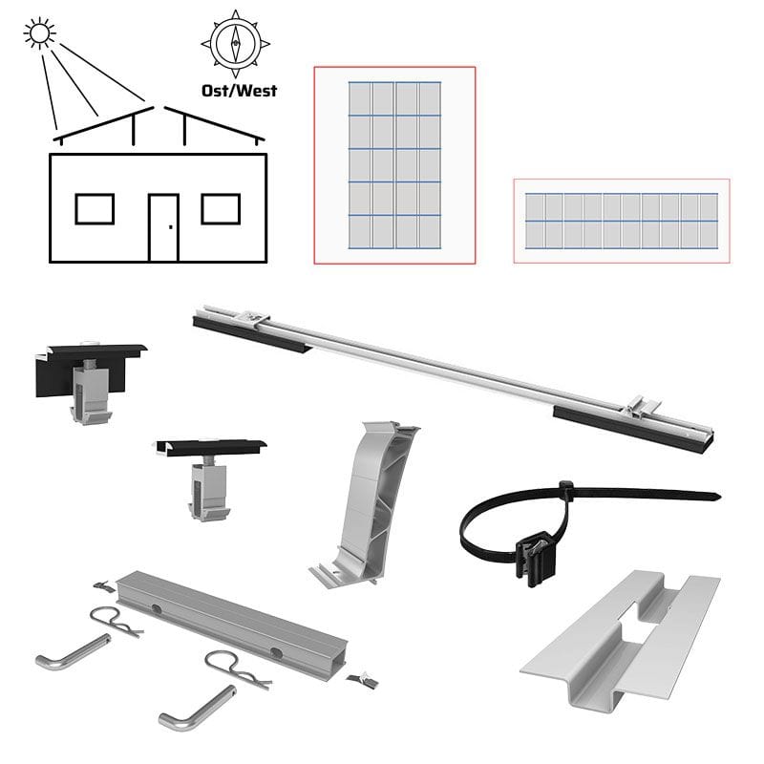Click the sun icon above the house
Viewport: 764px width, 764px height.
[39, 33]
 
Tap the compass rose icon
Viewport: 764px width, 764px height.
[235, 43]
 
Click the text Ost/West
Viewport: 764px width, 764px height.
[240, 91]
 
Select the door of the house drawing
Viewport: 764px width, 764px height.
[163, 227]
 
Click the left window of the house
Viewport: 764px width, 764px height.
[95, 209]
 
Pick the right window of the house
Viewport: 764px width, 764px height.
[221, 209]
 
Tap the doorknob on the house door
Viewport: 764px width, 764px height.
[171, 227]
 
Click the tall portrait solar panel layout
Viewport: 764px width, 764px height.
[394, 165]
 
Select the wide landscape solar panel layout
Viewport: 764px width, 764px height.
[622, 222]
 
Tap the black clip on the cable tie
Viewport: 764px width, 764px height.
[536, 557]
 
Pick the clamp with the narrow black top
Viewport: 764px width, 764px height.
[210, 478]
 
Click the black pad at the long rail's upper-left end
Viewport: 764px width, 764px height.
[252, 333]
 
